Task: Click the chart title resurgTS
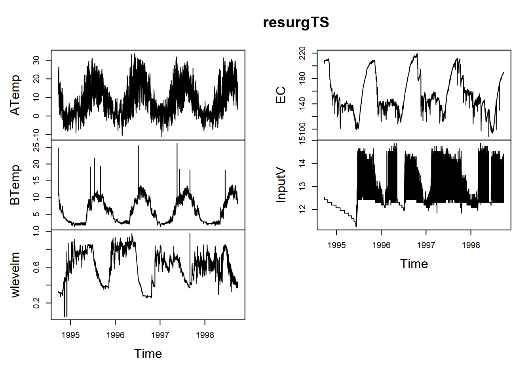click(296, 23)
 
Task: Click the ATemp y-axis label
click(15, 95)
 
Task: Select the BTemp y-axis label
click(15, 185)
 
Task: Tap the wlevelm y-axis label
click(15, 275)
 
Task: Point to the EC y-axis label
click(281, 95)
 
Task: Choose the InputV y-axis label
click(281, 185)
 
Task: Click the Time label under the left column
click(148, 353)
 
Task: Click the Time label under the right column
click(414, 264)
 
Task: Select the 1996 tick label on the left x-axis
click(115, 335)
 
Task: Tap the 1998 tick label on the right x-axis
click(471, 245)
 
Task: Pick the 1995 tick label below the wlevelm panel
click(70, 335)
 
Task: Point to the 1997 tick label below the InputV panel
click(426, 245)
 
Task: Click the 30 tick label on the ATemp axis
click(36, 60)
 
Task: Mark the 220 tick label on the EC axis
click(302, 53)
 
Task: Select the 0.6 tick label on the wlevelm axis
click(36, 267)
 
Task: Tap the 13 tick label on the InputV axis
click(302, 186)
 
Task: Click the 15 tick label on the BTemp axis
click(36, 181)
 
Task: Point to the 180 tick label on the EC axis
click(302, 78)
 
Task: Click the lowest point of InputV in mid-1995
click(356, 226)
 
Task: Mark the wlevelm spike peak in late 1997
click(190, 234)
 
